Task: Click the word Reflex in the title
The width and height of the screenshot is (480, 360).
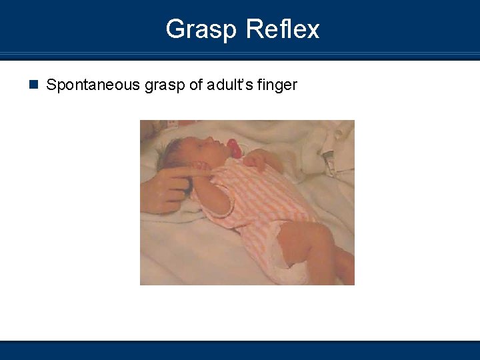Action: pyautogui.click(x=283, y=29)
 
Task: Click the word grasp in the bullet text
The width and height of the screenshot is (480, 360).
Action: pyautogui.click(x=157, y=85)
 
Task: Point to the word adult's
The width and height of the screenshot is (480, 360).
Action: pyautogui.click(x=227, y=85)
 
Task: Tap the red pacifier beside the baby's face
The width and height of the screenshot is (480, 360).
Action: pyautogui.click(x=233, y=148)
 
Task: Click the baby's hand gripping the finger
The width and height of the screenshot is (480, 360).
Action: pyautogui.click(x=201, y=175)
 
